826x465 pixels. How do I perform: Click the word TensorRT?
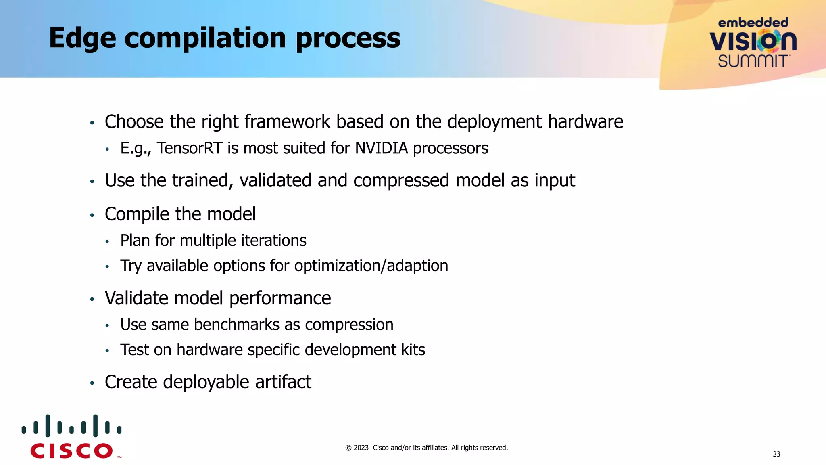click(x=189, y=148)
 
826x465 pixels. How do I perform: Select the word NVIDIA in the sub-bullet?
click(x=382, y=148)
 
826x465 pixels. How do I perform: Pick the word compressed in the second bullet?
click(x=401, y=180)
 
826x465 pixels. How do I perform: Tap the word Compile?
click(x=136, y=214)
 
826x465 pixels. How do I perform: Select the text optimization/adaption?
click(x=371, y=266)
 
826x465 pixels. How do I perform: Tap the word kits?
click(x=413, y=350)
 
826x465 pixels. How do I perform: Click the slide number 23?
click(x=776, y=454)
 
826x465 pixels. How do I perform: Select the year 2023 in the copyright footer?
click(x=361, y=448)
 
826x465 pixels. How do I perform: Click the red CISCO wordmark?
click(x=71, y=451)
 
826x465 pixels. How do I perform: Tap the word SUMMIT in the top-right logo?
click(x=753, y=61)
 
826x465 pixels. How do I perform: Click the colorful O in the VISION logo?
click(x=768, y=41)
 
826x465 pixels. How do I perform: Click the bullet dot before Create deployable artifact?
click(x=92, y=383)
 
